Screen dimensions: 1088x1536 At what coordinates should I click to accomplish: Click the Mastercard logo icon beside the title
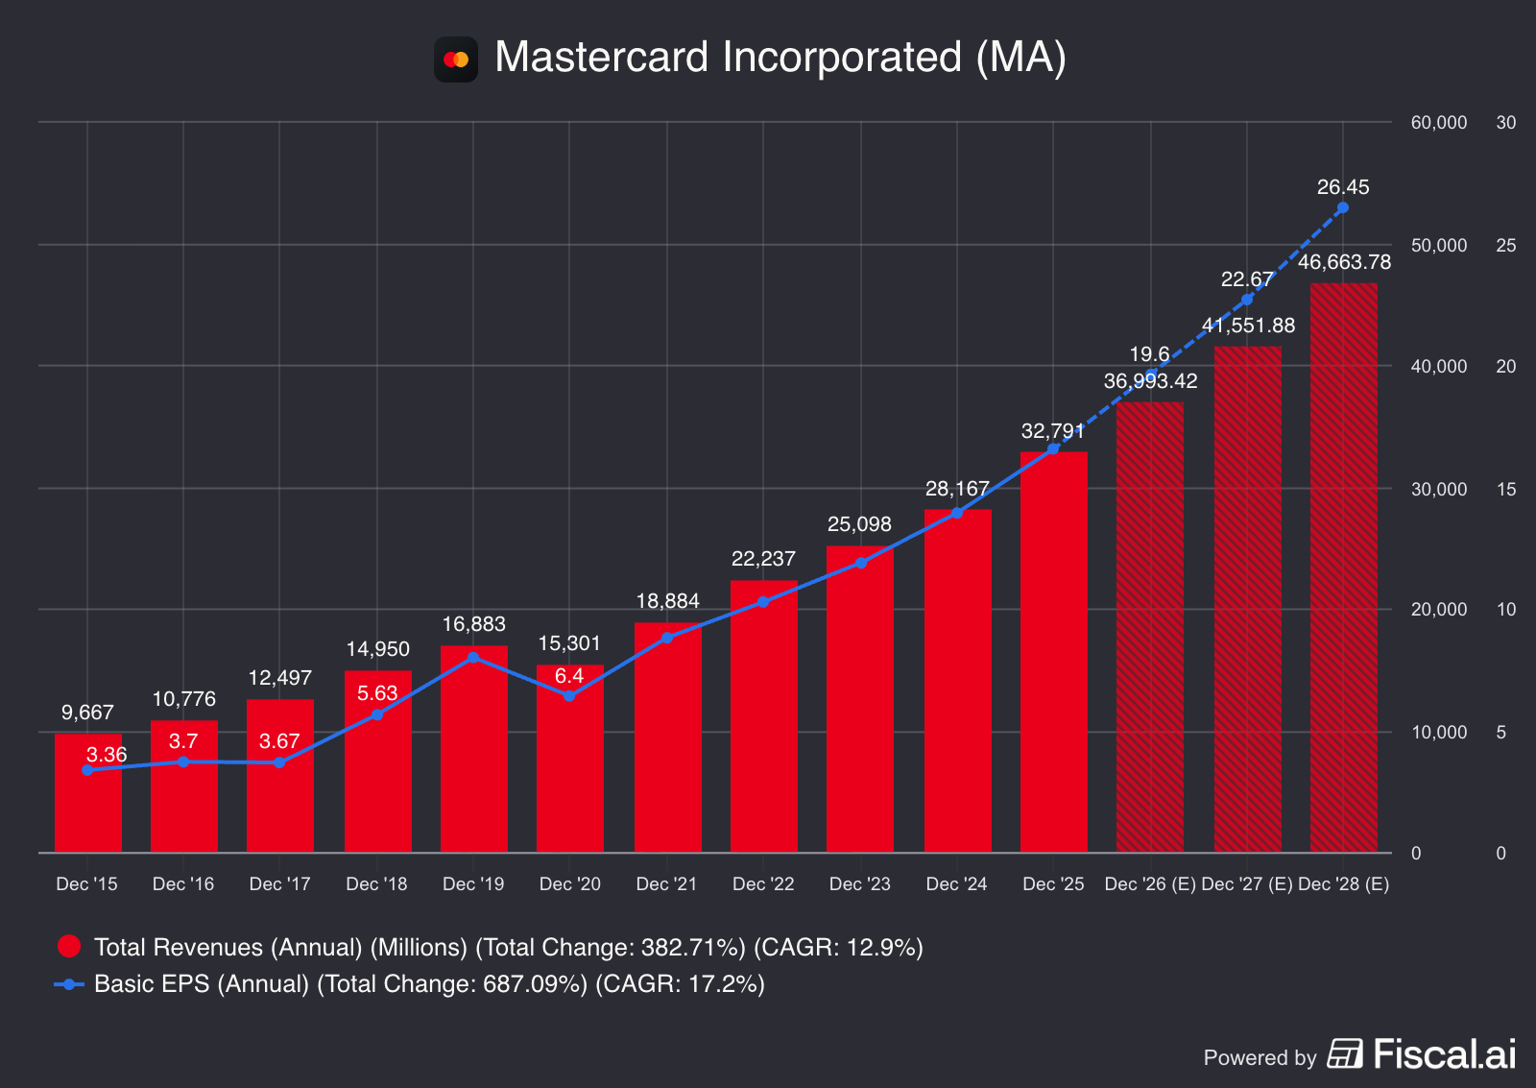tap(456, 60)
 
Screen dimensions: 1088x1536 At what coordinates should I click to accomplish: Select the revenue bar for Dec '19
tap(474, 749)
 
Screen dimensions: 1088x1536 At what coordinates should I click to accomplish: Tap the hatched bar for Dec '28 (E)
tap(1343, 567)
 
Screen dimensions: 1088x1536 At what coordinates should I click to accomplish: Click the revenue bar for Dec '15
tap(88, 793)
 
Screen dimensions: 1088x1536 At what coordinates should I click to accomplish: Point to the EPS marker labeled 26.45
tap(1343, 207)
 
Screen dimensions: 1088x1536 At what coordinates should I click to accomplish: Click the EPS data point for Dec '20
tap(569, 695)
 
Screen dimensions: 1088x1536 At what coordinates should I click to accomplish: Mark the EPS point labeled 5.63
tap(377, 713)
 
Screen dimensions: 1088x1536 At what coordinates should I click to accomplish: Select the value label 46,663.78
tap(1344, 262)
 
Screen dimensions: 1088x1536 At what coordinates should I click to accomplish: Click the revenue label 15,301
tap(569, 643)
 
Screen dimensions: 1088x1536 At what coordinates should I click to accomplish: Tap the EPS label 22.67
tap(1246, 279)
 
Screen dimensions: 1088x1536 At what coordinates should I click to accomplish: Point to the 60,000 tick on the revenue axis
tap(1438, 123)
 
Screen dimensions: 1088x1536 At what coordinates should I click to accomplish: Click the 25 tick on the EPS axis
tap(1505, 245)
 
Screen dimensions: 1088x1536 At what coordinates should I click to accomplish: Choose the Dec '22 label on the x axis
tap(763, 883)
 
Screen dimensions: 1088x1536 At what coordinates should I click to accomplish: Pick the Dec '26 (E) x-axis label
tap(1150, 883)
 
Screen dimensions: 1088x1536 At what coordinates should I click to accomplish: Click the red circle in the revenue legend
tap(69, 947)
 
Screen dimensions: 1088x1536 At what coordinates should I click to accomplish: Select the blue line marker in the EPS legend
tap(69, 984)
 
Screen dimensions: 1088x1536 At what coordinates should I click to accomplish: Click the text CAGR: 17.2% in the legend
tap(680, 984)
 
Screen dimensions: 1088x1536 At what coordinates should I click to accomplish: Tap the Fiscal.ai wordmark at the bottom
tap(1444, 1054)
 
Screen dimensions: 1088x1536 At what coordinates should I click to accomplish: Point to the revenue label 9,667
tap(87, 713)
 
